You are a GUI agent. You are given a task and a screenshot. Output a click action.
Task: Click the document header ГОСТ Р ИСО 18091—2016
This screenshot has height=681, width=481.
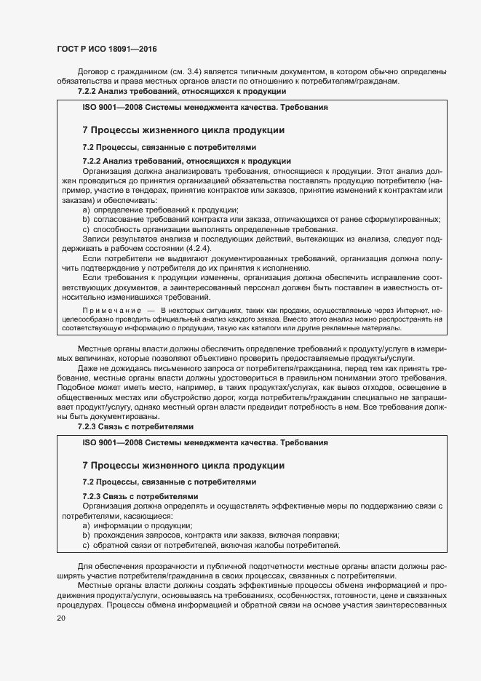tap(106, 49)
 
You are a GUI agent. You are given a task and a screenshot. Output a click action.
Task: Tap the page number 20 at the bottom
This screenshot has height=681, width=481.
tap(61, 618)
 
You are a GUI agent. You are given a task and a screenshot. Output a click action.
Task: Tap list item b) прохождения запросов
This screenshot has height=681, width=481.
tap(211, 535)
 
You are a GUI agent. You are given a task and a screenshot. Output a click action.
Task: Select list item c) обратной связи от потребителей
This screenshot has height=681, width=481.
tap(210, 546)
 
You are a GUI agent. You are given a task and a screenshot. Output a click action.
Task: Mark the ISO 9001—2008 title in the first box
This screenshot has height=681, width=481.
tap(204, 107)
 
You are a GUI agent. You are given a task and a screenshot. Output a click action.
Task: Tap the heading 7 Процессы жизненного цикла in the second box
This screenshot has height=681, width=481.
tap(183, 465)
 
